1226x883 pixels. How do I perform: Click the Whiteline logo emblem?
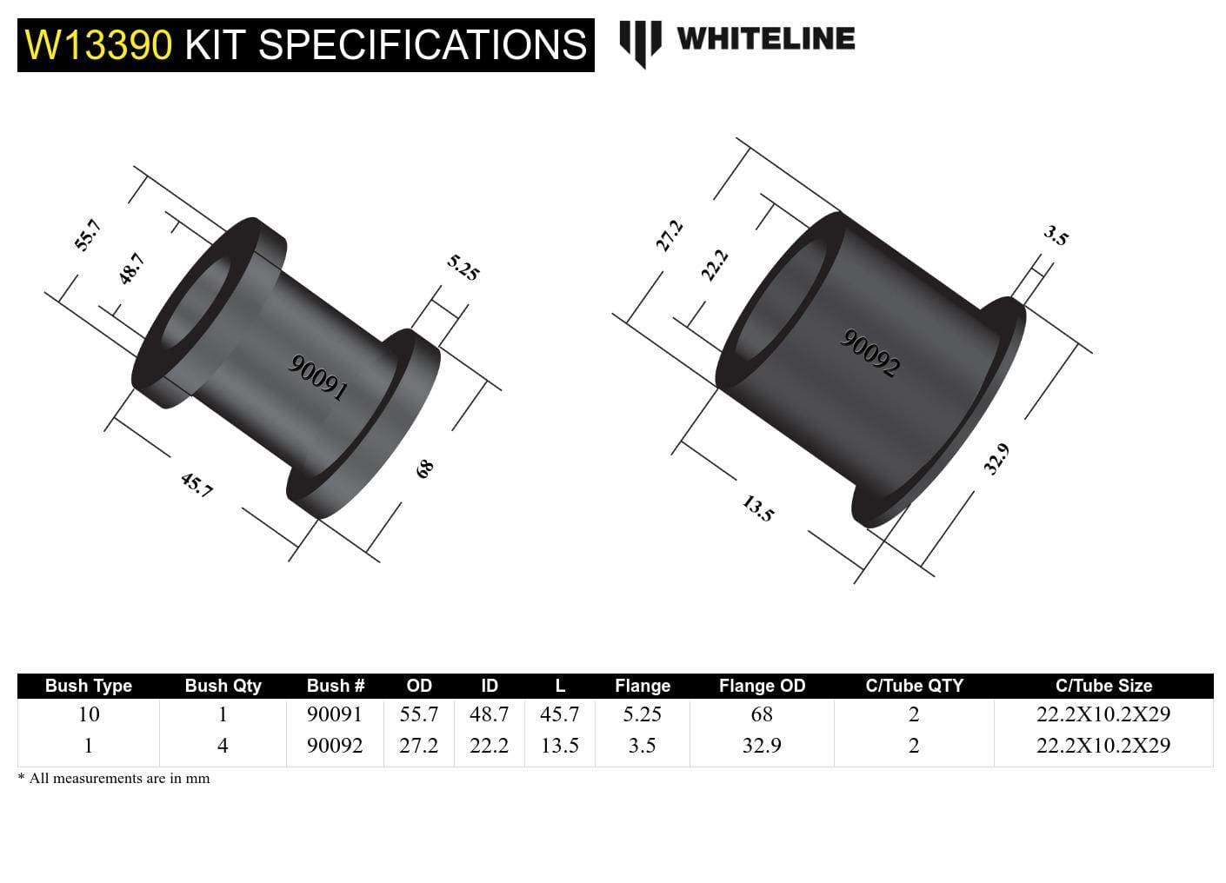pyautogui.click(x=641, y=43)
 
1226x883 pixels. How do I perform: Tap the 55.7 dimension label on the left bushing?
pyautogui.click(x=88, y=236)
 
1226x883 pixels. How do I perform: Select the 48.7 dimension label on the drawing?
pyautogui.click(x=131, y=269)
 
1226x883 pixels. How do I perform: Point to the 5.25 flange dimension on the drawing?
pyautogui.click(x=463, y=268)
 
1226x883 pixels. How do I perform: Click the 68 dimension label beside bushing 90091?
pyautogui.click(x=424, y=469)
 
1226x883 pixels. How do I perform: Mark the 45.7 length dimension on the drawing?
pyautogui.click(x=197, y=485)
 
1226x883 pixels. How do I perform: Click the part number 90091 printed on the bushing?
pyautogui.click(x=318, y=378)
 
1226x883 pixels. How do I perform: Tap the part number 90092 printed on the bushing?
pyautogui.click(x=870, y=353)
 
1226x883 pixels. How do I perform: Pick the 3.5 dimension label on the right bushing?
pyautogui.click(x=1056, y=236)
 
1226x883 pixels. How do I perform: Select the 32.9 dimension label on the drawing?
pyautogui.click(x=996, y=459)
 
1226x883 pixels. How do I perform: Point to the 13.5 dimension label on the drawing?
pyautogui.click(x=757, y=508)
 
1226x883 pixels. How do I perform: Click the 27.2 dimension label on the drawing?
pyautogui.click(x=669, y=236)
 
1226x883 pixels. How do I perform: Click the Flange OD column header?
pyautogui.click(x=762, y=686)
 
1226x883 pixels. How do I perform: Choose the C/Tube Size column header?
pyautogui.click(x=1103, y=686)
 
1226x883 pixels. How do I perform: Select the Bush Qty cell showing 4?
pyautogui.click(x=223, y=746)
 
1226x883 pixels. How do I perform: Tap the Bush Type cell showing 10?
pyautogui.click(x=89, y=714)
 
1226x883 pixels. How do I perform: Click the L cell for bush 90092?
pyautogui.click(x=559, y=746)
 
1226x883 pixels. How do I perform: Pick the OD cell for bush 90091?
pyautogui.click(x=418, y=714)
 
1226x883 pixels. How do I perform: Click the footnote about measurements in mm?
pyautogui.click(x=114, y=779)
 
